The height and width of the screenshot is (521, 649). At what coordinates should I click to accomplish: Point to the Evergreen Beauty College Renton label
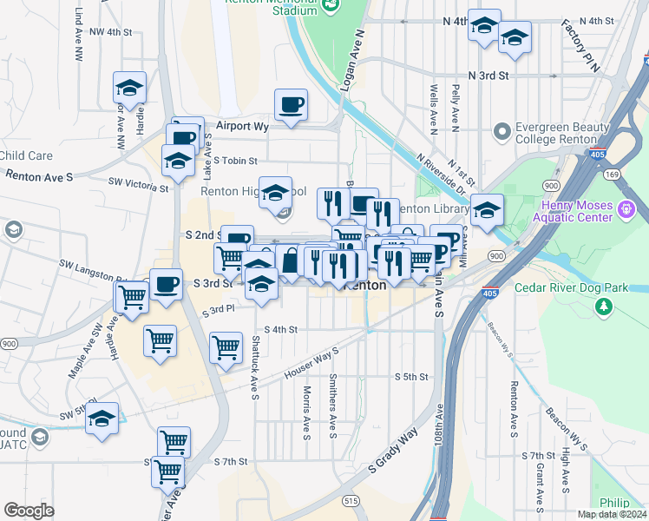click(556, 133)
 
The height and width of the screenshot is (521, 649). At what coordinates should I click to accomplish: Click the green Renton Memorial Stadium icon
click(331, 6)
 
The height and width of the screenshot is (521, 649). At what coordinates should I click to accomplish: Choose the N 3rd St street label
click(488, 76)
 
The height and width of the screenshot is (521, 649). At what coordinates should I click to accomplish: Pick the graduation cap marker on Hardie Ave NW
click(130, 88)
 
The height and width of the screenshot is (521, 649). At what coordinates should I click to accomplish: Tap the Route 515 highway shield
click(351, 501)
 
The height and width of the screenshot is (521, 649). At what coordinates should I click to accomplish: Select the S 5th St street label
click(412, 377)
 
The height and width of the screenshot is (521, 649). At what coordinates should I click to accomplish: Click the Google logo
click(29, 511)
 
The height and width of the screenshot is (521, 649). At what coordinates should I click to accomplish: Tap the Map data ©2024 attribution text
click(612, 514)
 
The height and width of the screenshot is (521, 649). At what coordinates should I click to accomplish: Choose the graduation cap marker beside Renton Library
click(487, 210)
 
